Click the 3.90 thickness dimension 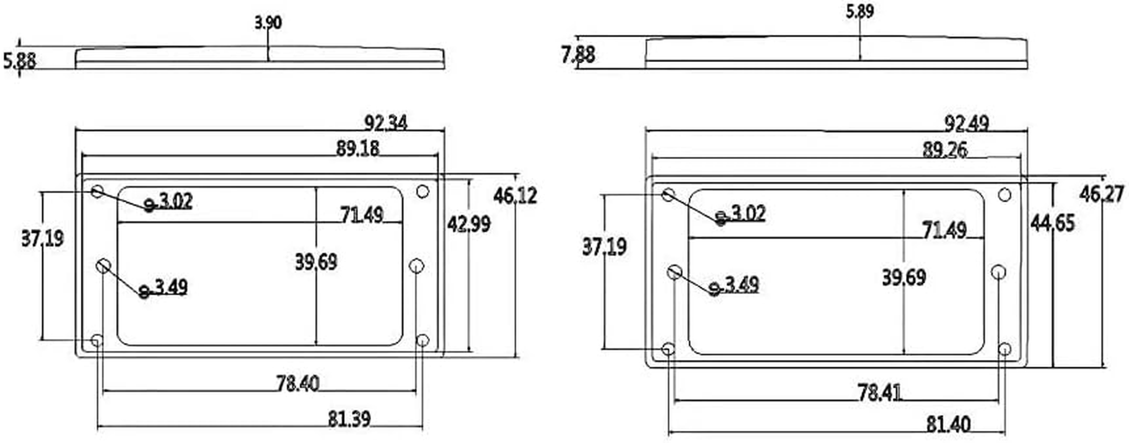(268, 23)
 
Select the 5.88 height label (20, 60)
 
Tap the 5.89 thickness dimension (859, 12)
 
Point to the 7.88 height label (578, 54)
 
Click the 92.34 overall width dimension (386, 122)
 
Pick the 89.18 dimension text (358, 148)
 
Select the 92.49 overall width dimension (966, 123)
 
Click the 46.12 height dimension (515, 195)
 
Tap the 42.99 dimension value (469, 224)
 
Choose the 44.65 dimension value (1052, 223)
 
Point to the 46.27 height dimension (1101, 194)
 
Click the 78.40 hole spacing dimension (298, 383)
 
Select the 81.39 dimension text (349, 419)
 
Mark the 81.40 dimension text (948, 425)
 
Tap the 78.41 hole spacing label (879, 393)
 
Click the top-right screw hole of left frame (422, 192)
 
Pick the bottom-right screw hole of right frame (1005, 349)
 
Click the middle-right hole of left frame (416, 266)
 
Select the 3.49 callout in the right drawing (741, 285)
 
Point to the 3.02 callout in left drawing (175, 200)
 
